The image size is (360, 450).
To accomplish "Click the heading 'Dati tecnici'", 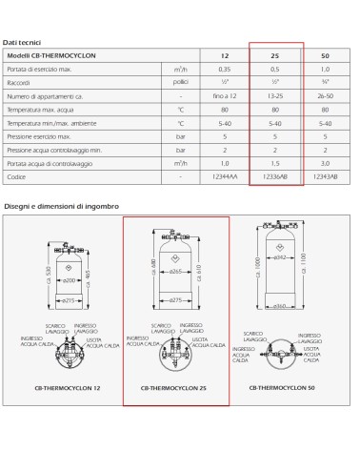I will [x=22, y=43].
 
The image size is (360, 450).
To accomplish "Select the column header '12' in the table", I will [x=225, y=56].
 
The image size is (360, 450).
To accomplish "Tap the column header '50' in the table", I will [x=325, y=56].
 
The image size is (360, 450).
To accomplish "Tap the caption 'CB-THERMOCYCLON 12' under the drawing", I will [x=67, y=389].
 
